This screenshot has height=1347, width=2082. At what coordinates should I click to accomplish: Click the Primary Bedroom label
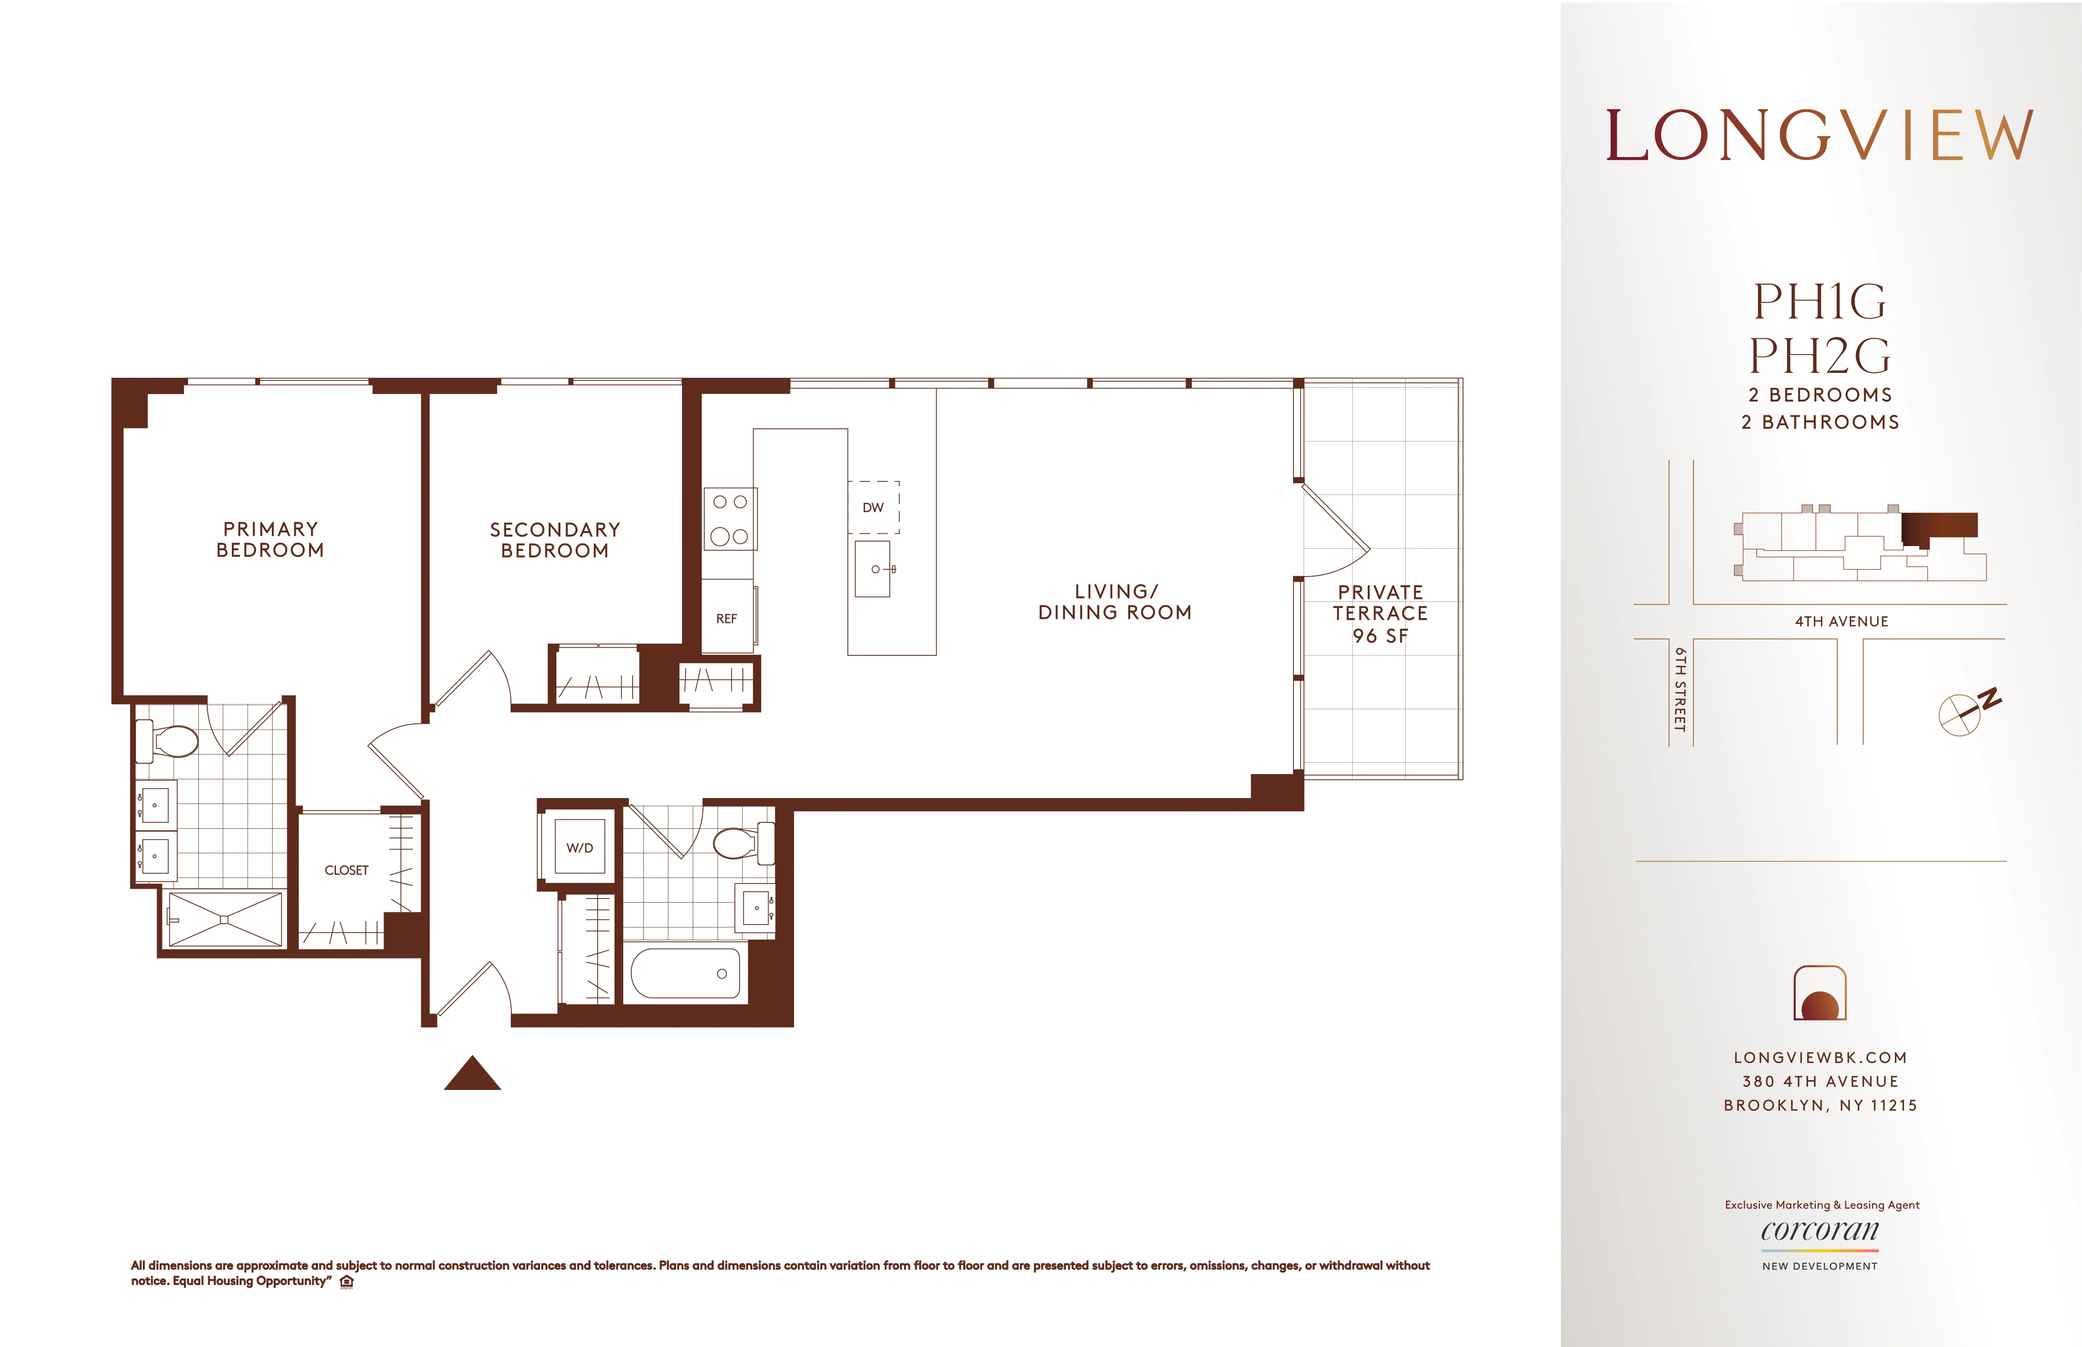tap(270, 540)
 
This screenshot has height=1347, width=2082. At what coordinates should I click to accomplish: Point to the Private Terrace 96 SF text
tap(1380, 614)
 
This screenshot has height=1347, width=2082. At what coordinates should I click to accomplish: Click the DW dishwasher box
tap(873, 507)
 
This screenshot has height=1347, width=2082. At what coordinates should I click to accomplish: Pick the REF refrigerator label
tap(726, 618)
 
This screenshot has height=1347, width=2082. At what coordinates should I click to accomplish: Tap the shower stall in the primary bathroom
tap(225, 919)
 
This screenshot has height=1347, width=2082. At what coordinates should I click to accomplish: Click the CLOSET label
tap(347, 870)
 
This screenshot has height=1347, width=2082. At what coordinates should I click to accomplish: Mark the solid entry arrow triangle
tap(472, 1075)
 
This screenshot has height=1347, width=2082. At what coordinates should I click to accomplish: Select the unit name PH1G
tap(1820, 302)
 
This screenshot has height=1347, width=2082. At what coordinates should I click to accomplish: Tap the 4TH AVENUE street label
tap(1842, 621)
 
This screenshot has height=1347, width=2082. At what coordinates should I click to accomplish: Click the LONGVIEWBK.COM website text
tap(1820, 1057)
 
